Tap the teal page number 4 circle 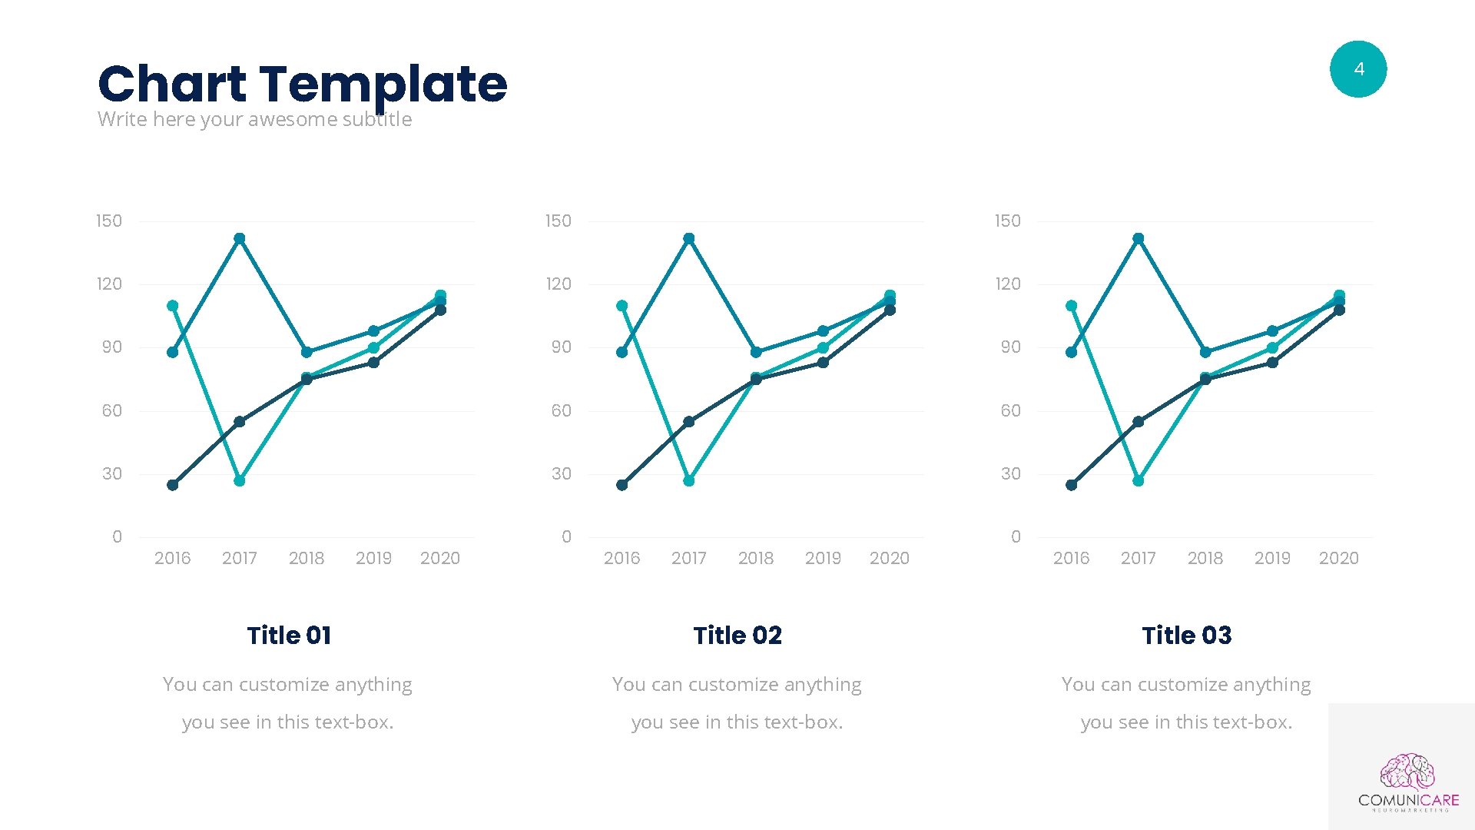(1357, 69)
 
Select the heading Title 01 (289, 636)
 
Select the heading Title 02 (737, 636)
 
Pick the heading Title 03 (1186, 636)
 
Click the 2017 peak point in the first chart (240, 238)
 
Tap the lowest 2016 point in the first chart (173, 485)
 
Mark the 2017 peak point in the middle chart (689, 238)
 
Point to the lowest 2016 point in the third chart (1072, 485)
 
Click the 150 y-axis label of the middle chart (559, 221)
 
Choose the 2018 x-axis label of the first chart (307, 559)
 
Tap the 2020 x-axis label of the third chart (1338, 559)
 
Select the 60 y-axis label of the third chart (1011, 411)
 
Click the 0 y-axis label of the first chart (117, 537)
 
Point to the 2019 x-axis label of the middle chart (823, 559)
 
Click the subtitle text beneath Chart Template (254, 120)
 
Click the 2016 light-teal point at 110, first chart (173, 306)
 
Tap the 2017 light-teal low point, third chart (1139, 481)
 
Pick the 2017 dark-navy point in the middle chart (689, 422)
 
